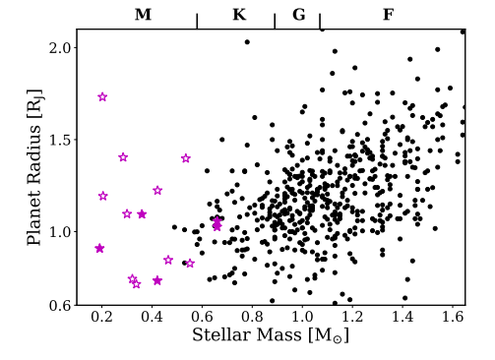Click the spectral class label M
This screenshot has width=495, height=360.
click(x=143, y=15)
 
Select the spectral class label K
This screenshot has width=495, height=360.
click(x=238, y=15)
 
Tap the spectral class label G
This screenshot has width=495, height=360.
click(x=298, y=15)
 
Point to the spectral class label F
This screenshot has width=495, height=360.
click(x=388, y=15)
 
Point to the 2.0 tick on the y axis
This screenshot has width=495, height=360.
click(x=61, y=48)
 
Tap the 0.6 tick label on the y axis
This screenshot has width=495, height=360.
click(x=61, y=306)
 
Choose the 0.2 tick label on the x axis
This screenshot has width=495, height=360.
click(x=101, y=318)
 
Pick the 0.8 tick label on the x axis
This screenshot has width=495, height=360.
click(x=252, y=318)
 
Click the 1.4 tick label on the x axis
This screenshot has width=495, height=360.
click(x=402, y=318)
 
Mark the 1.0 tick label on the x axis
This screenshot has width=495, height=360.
click(x=302, y=318)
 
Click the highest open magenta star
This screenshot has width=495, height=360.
click(x=102, y=96)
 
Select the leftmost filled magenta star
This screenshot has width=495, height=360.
click(x=99, y=248)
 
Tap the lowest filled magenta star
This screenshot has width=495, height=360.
click(x=157, y=280)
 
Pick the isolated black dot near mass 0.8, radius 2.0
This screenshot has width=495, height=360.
click(x=247, y=42)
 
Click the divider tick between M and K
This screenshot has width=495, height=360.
click(x=198, y=22)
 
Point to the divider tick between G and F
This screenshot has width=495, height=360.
click(x=320, y=22)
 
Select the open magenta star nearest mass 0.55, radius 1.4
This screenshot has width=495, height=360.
click(x=185, y=158)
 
